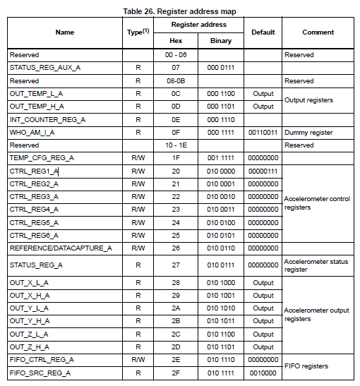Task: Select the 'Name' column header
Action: [x=64, y=32]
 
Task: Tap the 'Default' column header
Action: [x=263, y=32]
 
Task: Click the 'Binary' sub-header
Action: [x=220, y=41]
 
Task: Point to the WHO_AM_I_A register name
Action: [x=34, y=132]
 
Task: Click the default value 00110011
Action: [x=263, y=132]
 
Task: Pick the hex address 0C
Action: [x=175, y=93]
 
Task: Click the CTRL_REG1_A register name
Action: [x=34, y=171]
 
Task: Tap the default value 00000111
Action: [x=263, y=171]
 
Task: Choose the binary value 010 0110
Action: [x=220, y=248]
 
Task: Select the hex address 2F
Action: [x=175, y=372]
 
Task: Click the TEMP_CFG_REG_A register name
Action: [x=41, y=158]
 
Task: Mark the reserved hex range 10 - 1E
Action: [x=175, y=145]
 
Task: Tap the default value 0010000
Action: [x=263, y=372]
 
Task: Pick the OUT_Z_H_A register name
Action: [x=29, y=346]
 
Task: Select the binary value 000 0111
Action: [x=220, y=67]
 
